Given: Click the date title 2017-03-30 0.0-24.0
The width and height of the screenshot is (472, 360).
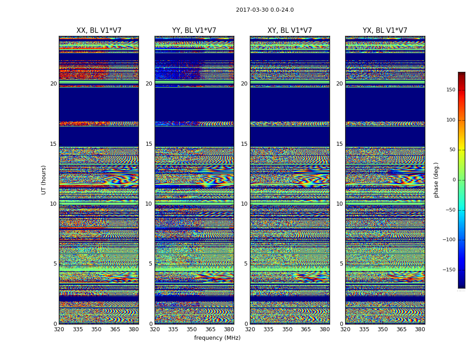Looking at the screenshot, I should [x=265, y=10].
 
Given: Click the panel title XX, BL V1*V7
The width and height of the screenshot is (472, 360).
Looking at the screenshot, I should [x=99, y=31].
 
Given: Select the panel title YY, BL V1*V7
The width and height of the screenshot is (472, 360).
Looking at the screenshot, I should [x=194, y=31].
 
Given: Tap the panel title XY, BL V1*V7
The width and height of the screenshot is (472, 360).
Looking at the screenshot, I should [x=289, y=31].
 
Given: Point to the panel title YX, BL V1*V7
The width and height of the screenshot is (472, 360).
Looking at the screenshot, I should [x=385, y=31].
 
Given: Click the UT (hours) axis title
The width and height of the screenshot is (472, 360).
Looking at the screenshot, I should [x=44, y=180].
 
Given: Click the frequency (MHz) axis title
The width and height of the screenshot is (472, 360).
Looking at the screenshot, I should [x=217, y=338].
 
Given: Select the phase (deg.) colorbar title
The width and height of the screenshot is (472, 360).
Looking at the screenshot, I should [x=436, y=180].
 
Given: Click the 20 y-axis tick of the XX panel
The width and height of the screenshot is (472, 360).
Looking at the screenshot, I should [x=53, y=84].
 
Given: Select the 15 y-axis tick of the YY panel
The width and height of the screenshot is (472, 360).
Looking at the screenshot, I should [x=149, y=144].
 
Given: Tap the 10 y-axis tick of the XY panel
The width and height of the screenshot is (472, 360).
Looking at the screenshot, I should [x=244, y=204].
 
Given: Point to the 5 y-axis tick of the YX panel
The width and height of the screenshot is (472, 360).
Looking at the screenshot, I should [x=341, y=264].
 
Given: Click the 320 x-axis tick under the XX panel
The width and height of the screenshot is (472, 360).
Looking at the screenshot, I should [x=59, y=329].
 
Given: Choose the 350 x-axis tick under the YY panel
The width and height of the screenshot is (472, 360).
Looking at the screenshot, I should [x=192, y=329].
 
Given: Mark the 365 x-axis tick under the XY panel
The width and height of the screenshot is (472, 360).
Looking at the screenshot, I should [x=306, y=329].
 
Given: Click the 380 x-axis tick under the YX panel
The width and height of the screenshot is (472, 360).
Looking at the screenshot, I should [x=420, y=329].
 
